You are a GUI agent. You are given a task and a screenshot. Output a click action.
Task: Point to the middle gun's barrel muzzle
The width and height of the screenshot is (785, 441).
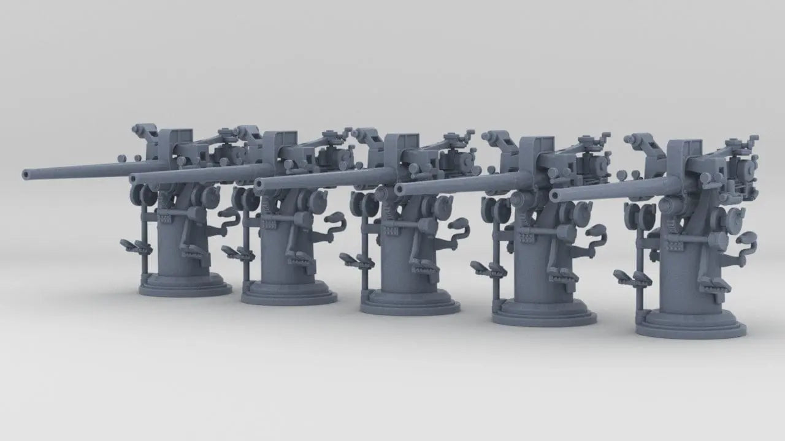259,183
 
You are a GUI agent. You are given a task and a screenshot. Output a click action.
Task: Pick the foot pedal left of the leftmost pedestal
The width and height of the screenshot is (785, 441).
136,247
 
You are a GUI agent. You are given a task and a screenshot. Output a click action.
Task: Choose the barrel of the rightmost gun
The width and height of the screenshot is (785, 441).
607,189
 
